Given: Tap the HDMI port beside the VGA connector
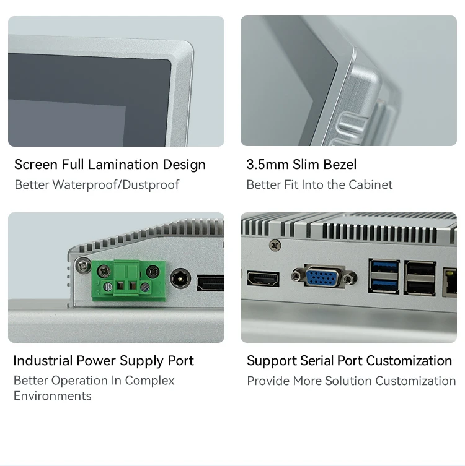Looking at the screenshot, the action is click(263, 279).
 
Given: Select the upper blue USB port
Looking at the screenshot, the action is click(384, 267).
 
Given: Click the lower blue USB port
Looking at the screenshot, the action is click(384, 285).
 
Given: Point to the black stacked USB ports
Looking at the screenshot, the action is click(420, 278).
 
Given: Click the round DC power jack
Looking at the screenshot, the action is click(180, 278).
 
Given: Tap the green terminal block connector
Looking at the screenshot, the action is click(128, 281).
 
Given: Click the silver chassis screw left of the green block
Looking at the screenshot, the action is click(83, 265).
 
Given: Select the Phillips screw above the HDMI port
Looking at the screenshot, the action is click(275, 245).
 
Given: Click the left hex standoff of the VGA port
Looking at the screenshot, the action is click(296, 276).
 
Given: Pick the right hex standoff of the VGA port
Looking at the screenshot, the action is click(348, 278).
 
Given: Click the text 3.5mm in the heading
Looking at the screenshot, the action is click(268, 165).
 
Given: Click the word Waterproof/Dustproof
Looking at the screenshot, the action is click(116, 184).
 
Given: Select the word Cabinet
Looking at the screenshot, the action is click(370, 184).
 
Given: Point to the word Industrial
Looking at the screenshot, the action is click(43, 361).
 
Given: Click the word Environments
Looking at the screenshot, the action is click(53, 396).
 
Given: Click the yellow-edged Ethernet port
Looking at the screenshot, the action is click(449, 282).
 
